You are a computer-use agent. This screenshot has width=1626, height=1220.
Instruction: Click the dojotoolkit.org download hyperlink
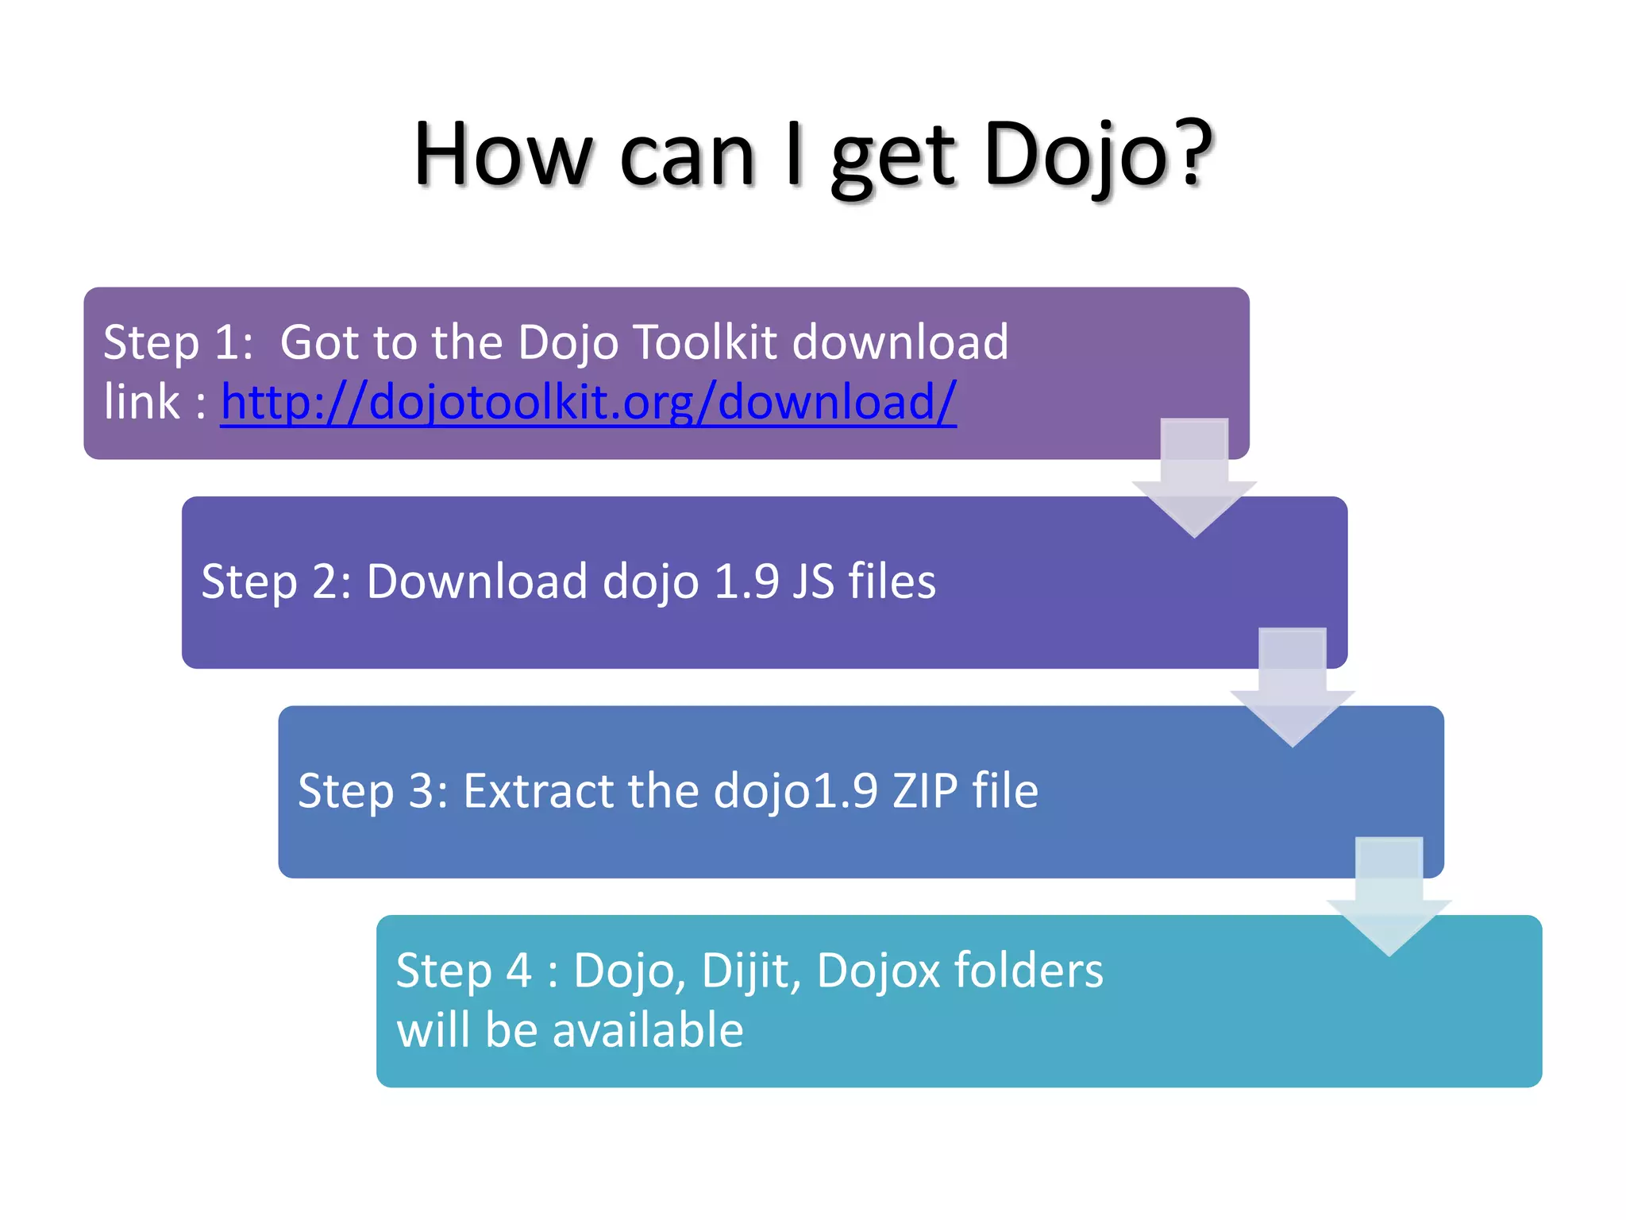pyautogui.click(x=588, y=402)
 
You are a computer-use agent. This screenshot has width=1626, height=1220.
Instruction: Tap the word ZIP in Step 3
pyautogui.click(x=925, y=791)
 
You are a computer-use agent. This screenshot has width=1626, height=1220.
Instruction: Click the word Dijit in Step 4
pyautogui.click(x=750, y=971)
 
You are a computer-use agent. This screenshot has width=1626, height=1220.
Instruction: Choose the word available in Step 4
pyautogui.click(x=648, y=1030)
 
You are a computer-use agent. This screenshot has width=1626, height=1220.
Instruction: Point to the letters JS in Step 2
pyautogui.click(x=813, y=581)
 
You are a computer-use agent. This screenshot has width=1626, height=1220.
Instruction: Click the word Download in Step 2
pyautogui.click(x=477, y=581)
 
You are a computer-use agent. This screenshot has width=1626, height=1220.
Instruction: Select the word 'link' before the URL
pyautogui.click(x=141, y=402)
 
